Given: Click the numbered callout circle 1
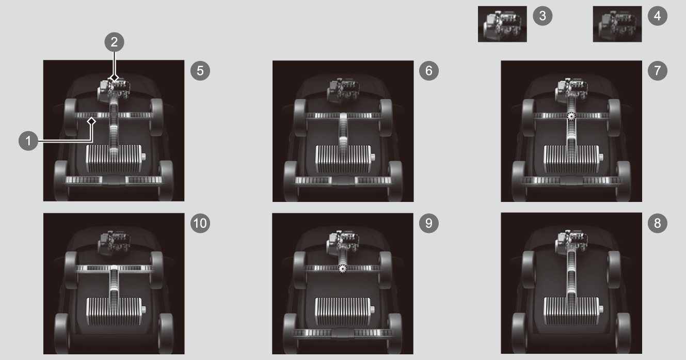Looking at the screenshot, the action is [28, 141].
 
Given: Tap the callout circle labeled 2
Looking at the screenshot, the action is [114, 42].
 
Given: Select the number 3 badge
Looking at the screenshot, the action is [543, 16].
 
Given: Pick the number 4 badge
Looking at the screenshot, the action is [658, 16].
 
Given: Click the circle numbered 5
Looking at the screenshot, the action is [200, 71].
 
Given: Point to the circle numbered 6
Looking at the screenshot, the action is [429, 71].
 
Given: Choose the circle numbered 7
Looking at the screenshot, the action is [658, 71].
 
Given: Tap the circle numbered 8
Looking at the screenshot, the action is [658, 223].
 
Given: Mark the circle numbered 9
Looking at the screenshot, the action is [429, 223].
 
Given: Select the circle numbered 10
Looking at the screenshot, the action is [200, 223].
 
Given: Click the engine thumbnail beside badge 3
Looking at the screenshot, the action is [502, 24].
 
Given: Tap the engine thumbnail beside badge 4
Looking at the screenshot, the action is [617, 24].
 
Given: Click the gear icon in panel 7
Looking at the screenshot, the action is [571, 116].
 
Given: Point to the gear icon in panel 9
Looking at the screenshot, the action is [342, 269].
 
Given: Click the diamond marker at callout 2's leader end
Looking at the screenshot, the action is [114, 78].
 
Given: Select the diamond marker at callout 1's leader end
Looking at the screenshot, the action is [91, 121].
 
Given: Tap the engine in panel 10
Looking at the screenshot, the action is [114, 244].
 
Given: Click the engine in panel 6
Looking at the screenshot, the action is [343, 91].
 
